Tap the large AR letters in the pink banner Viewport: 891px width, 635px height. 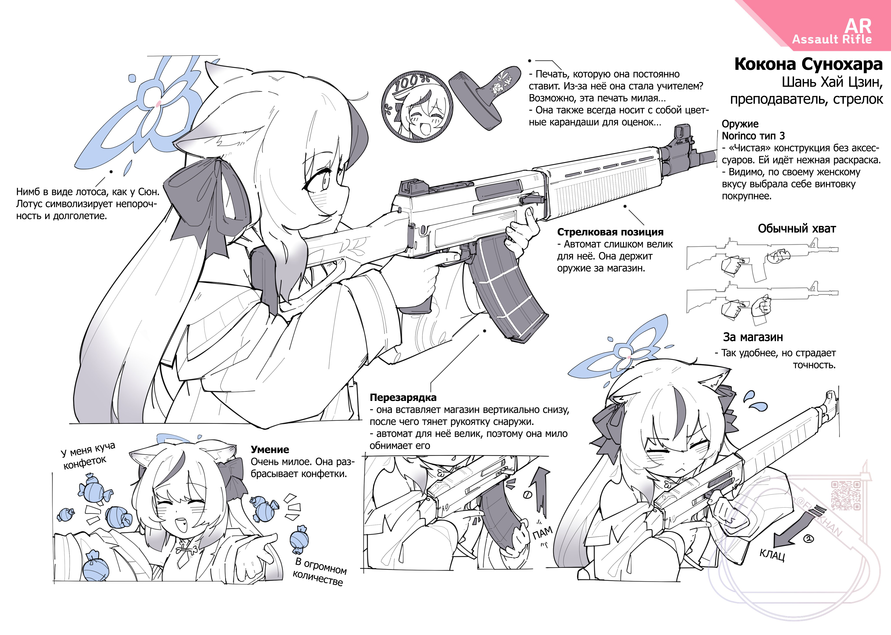(x=858, y=26)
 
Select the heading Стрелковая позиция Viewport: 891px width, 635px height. (x=610, y=232)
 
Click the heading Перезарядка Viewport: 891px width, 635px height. (x=403, y=398)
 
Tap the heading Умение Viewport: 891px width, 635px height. (x=270, y=450)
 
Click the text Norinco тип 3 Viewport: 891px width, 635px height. (x=753, y=136)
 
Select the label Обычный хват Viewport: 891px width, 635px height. (x=797, y=229)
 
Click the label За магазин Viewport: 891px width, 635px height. (x=753, y=337)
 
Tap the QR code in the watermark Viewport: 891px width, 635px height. (x=846, y=496)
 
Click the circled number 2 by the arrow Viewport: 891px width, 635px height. (x=808, y=539)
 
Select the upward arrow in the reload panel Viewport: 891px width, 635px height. (x=540, y=489)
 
